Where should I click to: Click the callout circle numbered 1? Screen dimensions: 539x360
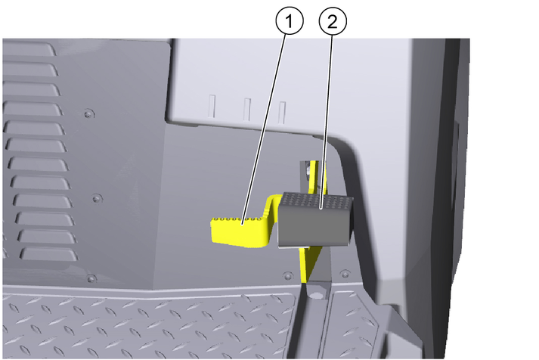[x=290, y=21]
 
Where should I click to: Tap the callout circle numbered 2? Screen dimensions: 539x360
[x=333, y=21]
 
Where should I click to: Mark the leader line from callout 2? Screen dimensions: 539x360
[x=327, y=121]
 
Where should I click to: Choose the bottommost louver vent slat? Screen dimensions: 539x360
[x=49, y=254]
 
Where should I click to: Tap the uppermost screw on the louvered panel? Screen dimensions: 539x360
[x=88, y=113]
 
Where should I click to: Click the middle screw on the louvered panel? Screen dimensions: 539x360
[x=97, y=198]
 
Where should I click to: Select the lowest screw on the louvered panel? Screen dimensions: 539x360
[x=91, y=278]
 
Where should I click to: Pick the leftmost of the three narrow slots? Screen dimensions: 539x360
[x=212, y=106]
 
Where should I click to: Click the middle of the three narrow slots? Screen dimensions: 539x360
[x=247, y=110]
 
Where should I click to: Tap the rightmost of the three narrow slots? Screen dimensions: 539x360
[x=282, y=113]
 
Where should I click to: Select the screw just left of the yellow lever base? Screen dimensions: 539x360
[x=288, y=275]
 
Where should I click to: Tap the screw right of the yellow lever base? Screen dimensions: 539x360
[x=345, y=274]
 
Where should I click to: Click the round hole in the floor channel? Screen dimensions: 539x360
[x=316, y=295]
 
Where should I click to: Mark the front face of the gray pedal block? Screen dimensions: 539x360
[x=313, y=225]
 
